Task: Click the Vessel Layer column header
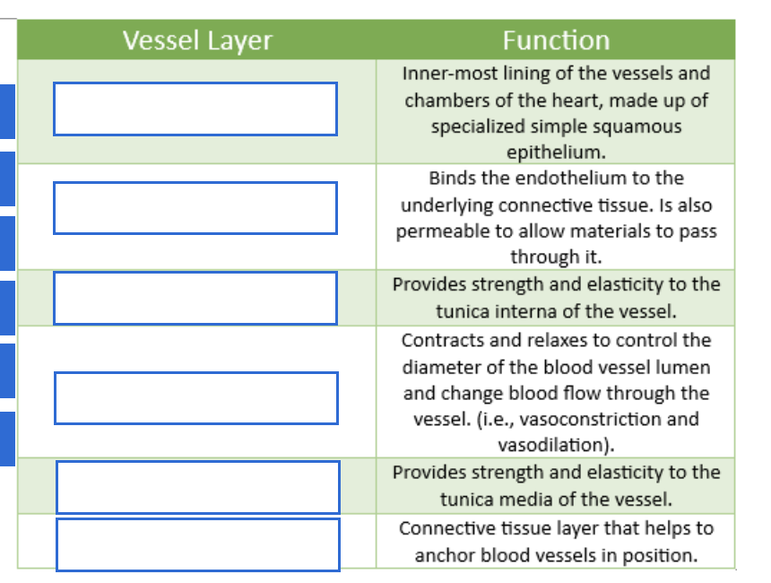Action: (196, 40)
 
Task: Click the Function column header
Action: (555, 40)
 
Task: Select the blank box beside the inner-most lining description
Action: (195, 109)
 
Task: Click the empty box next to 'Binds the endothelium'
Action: (195, 207)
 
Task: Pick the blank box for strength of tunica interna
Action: (195, 298)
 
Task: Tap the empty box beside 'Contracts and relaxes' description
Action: (196, 397)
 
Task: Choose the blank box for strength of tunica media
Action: (198, 487)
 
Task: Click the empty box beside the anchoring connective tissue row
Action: (198, 544)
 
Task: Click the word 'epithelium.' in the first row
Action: (556, 152)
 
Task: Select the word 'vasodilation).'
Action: (556, 445)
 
